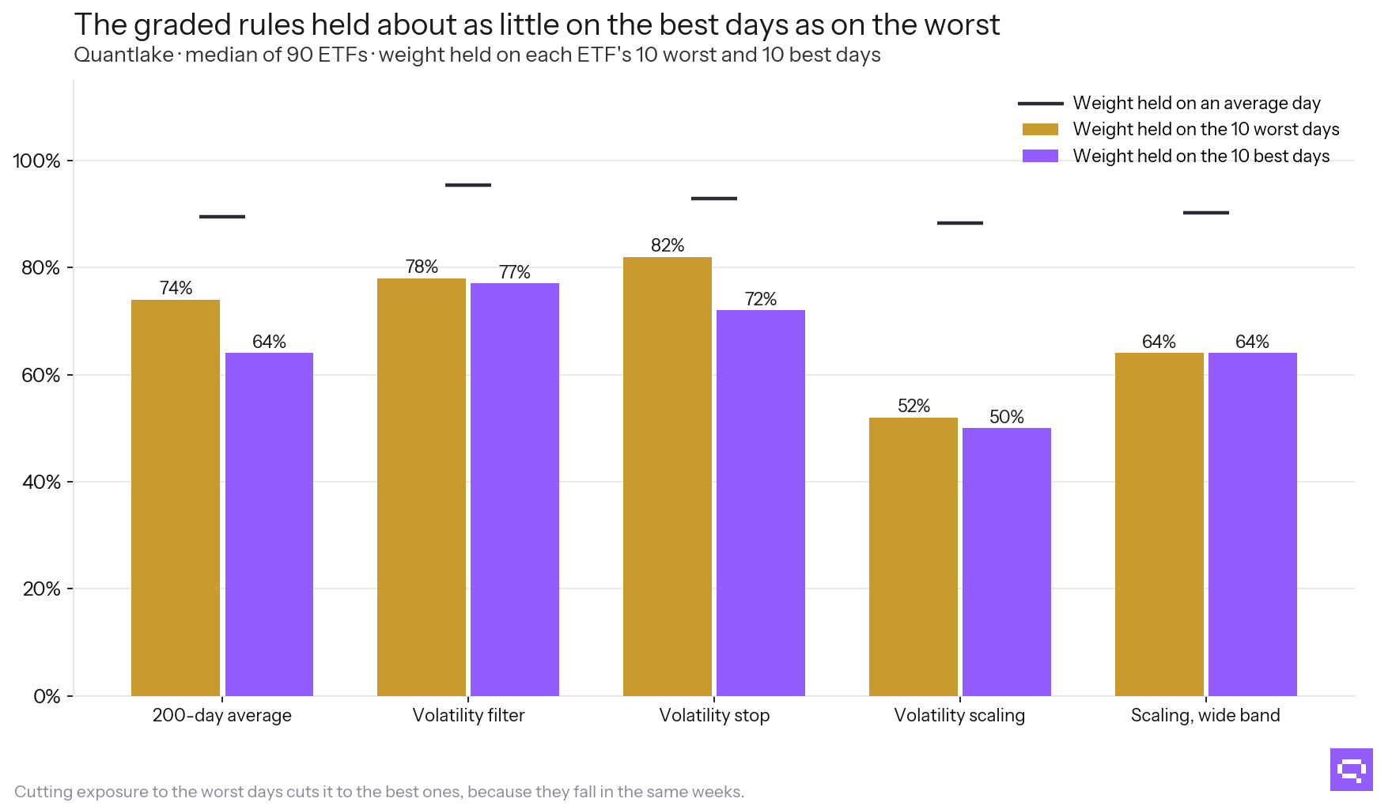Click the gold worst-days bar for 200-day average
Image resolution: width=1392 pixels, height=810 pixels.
tap(176, 498)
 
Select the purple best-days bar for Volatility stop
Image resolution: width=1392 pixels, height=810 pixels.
tap(761, 503)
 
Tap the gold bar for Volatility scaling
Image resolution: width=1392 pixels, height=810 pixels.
tap(913, 557)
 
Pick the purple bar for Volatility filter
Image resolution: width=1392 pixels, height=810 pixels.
tap(515, 490)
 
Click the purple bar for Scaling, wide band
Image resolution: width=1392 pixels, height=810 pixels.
tap(1253, 524)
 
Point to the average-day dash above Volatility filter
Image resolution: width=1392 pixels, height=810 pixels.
tap(468, 185)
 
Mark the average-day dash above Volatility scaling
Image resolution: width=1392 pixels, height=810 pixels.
tap(960, 223)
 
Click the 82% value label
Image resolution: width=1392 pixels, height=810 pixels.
tap(668, 245)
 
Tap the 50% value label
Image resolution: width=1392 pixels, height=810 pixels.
tap(1007, 417)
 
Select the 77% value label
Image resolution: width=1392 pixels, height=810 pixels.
tap(515, 272)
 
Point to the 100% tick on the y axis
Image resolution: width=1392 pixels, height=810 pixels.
tap(70, 161)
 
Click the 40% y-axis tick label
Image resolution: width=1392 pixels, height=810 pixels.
tap(41, 482)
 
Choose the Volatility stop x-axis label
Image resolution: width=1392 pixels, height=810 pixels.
tap(714, 715)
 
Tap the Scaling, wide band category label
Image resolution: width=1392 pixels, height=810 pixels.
tap(1205, 715)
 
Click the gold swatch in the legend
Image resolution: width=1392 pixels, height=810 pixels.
tap(1040, 130)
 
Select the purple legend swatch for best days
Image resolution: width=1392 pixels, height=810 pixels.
tap(1040, 156)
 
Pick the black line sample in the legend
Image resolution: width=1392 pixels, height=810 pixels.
tap(1040, 104)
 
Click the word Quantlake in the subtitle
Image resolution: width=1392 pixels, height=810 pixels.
tap(123, 55)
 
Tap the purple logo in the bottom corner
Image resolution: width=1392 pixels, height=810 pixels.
tap(1352, 770)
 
